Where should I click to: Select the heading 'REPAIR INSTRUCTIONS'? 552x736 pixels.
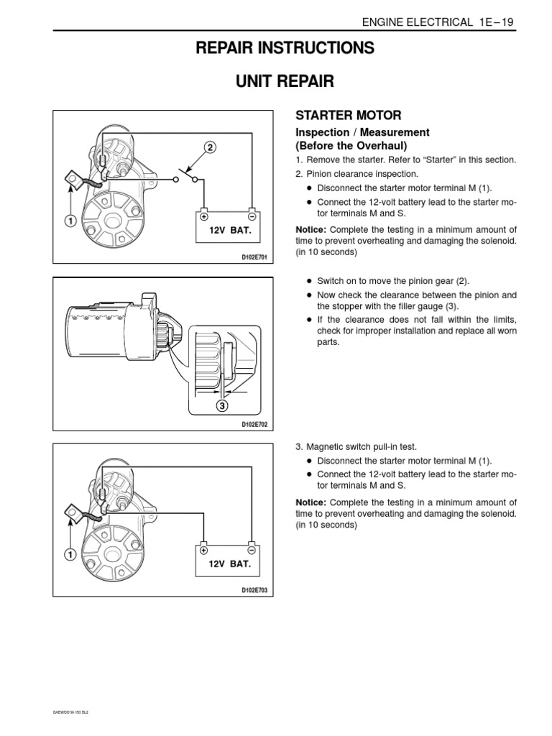[x=276, y=48]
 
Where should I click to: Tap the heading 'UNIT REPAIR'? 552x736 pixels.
[x=276, y=81]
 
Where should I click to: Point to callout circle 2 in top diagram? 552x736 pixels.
[x=210, y=148]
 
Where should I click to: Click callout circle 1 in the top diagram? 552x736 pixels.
[x=70, y=221]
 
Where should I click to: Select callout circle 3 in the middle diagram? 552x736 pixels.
[x=222, y=407]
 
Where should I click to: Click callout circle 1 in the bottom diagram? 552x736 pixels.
[x=70, y=555]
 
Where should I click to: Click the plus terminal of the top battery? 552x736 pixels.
[x=204, y=216]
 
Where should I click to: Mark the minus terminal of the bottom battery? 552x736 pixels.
[x=252, y=549]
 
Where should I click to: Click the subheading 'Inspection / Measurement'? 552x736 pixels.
[x=363, y=132]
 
